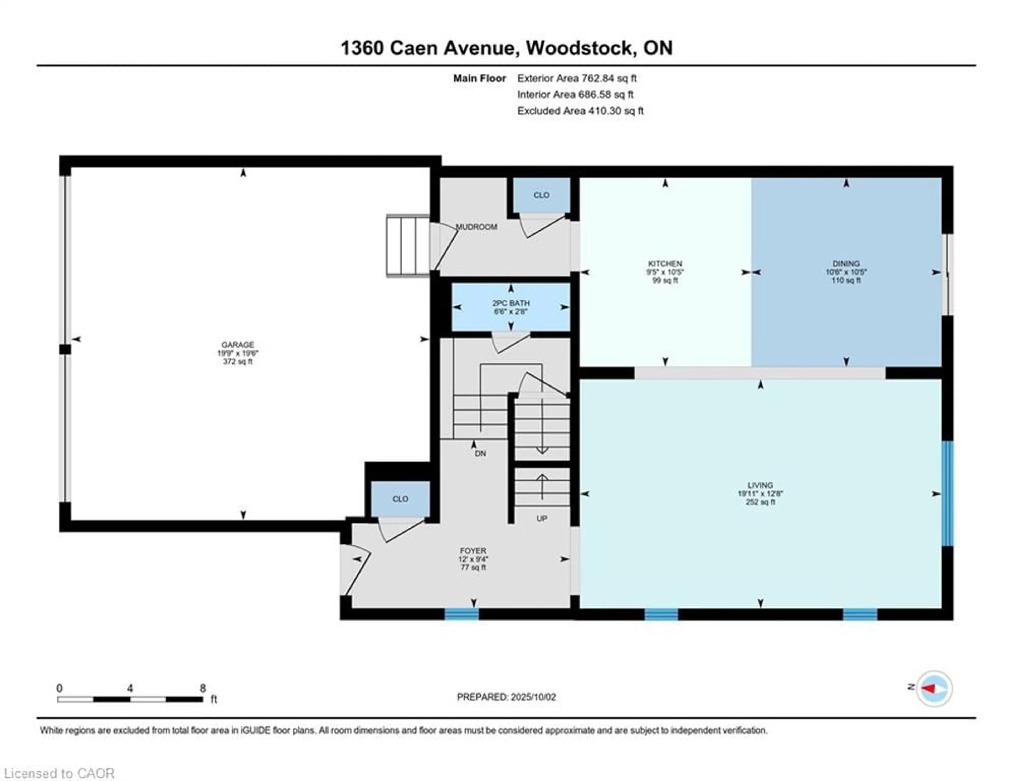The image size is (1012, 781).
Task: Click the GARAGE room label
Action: pos(238,345)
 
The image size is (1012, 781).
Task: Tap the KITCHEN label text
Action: pos(665,263)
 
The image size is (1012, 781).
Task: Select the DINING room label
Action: pos(846,263)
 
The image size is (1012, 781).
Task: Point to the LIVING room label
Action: pos(760,485)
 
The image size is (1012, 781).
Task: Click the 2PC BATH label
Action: pos(511,303)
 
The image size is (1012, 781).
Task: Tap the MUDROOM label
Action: pos(476,227)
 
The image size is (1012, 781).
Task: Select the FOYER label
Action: pos(473,550)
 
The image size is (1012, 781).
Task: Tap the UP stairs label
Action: pos(542,518)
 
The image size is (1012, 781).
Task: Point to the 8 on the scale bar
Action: pos(202,688)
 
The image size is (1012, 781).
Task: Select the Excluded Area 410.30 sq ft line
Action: pos(580,111)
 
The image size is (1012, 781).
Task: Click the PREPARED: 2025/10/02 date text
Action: pos(506,697)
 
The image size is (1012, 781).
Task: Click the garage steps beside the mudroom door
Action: pos(408,246)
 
